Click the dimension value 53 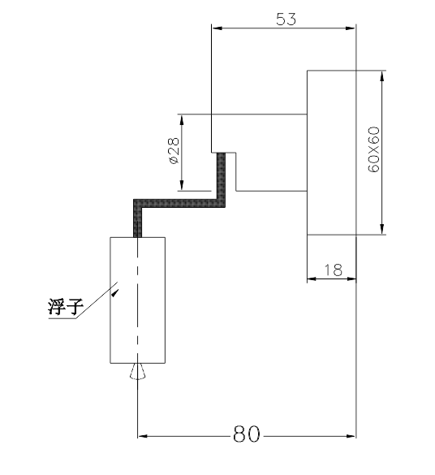coord(286,19)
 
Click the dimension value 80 coord(247,434)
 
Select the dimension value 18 coord(333,270)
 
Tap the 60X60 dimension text coord(374,149)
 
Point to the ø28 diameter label coord(174,150)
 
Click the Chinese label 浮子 coord(65,307)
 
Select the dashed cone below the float coord(137,371)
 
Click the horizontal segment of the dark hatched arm coord(179,203)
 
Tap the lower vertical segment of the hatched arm coord(137,218)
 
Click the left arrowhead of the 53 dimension coord(217,28)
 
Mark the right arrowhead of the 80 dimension coord(351,436)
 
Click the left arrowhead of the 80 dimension coord(143,436)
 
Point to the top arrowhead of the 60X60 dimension coord(382,76)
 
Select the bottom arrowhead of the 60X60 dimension coord(382,229)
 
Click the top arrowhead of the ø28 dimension coord(182,120)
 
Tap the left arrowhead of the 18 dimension coord(312,279)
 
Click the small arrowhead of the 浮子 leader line coord(115,293)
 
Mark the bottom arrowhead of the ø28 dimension coord(182,185)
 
